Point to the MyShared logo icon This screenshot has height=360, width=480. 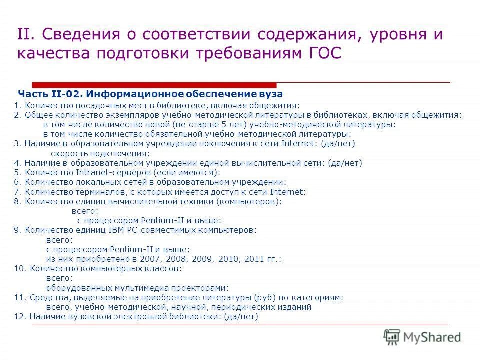[392, 336]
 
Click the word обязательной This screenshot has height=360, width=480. [173, 134]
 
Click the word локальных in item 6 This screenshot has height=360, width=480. [95, 182]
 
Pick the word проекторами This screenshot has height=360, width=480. [200, 288]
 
